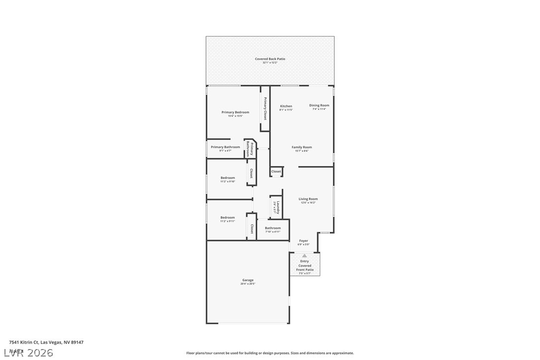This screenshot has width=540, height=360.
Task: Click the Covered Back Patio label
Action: coord(270,59)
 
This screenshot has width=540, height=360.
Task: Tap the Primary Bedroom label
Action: coord(235,112)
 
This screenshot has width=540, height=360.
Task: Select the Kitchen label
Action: coord(286,106)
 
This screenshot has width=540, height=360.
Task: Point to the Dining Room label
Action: coord(319,105)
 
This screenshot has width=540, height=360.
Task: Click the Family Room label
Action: coord(302,147)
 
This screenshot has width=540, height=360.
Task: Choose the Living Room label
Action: coord(308,199)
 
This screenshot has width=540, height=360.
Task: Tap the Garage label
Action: coord(248,280)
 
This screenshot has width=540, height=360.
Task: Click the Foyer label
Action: coord(303,241)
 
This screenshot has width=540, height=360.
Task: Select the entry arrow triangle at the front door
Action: coord(304,256)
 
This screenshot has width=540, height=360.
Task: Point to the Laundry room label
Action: coord(278,207)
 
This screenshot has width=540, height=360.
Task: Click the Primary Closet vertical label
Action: coord(265,108)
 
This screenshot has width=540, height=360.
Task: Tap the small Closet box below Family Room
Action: coord(276,172)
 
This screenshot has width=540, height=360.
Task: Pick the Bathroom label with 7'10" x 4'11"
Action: coord(272,228)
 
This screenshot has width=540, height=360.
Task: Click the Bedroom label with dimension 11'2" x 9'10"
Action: coord(228,178)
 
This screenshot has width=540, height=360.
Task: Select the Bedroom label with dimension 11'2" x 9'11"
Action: coord(228,217)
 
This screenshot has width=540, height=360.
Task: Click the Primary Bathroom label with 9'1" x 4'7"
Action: coord(225,147)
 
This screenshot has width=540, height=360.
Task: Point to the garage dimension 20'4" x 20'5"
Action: coord(248,284)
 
